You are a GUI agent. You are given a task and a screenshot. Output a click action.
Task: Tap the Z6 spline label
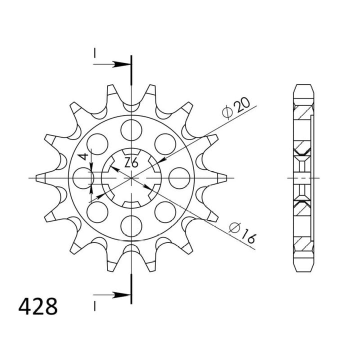(x=131, y=162)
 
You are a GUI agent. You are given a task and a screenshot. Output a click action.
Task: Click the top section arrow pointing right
(x=113, y=64)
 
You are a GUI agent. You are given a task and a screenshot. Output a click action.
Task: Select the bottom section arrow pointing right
(x=113, y=294)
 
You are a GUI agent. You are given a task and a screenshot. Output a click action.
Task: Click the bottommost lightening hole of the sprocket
(x=131, y=226)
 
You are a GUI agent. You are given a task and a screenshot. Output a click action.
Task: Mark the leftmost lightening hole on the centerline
(x=83, y=178)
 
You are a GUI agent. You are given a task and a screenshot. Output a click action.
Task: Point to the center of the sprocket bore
(x=131, y=178)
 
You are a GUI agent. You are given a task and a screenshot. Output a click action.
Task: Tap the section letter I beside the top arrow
(x=93, y=53)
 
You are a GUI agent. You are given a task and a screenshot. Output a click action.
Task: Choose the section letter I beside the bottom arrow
(x=93, y=303)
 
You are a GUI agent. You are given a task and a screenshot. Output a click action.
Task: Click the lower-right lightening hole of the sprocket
(x=164, y=212)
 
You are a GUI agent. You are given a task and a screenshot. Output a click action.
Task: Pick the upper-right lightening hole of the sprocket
(x=164, y=144)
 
